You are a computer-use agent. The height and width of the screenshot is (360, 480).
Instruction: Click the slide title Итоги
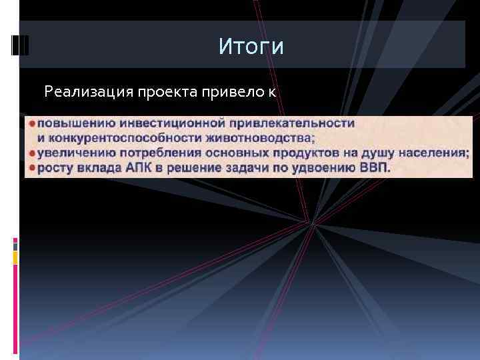pos(251,47)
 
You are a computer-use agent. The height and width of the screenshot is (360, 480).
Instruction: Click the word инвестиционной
pos(167,123)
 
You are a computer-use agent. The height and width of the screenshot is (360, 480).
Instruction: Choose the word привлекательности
pos(293,123)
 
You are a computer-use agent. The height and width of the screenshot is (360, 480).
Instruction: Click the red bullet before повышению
pos(31,123)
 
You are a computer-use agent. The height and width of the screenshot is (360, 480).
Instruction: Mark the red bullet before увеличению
pos(31,153)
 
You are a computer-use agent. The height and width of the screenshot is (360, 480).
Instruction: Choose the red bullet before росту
pos(31,167)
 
